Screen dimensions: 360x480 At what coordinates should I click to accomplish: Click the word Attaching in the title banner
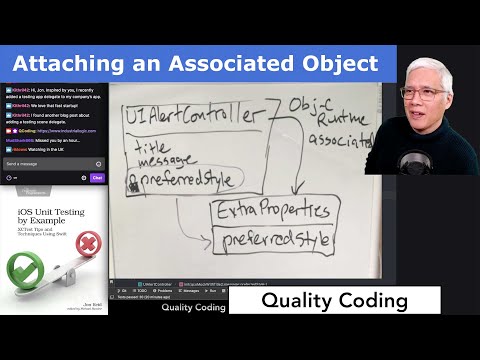pyautogui.click(x=65, y=65)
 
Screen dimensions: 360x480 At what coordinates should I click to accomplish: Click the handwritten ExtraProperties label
pyautogui.click(x=270, y=211)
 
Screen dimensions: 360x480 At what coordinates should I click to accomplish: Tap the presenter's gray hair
pyautogui.click(x=426, y=68)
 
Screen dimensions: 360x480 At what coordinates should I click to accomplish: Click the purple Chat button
pyautogui.click(x=97, y=177)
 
